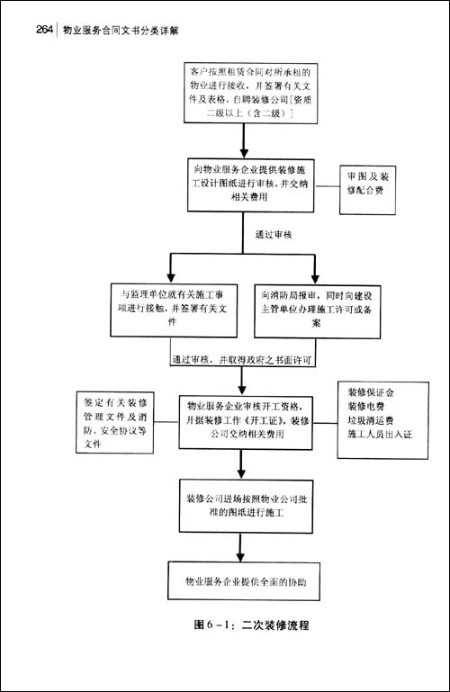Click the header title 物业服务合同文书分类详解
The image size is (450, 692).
click(121, 31)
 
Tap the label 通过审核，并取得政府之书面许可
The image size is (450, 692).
click(247, 359)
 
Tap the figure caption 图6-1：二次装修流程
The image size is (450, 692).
click(245, 625)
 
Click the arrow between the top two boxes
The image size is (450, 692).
click(244, 139)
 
